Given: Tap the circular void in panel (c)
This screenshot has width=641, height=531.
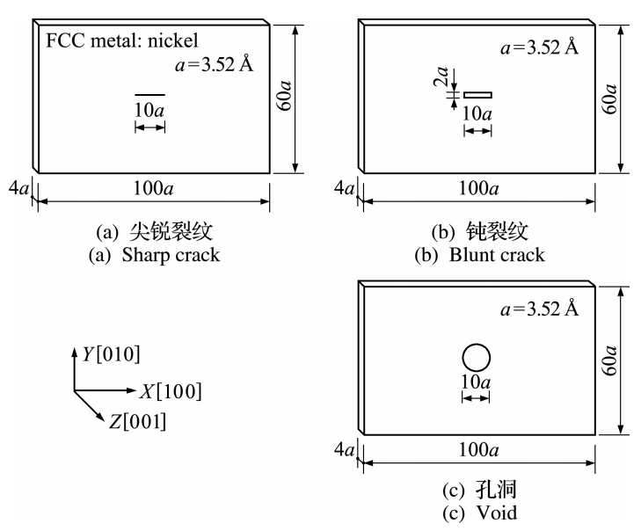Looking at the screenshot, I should pos(476,358).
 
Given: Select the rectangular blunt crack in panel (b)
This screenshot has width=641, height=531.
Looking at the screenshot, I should pos(478,95).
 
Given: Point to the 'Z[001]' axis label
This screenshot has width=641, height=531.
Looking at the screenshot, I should pos(137,423).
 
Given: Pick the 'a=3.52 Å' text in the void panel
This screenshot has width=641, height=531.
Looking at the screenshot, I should pos(539,309).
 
